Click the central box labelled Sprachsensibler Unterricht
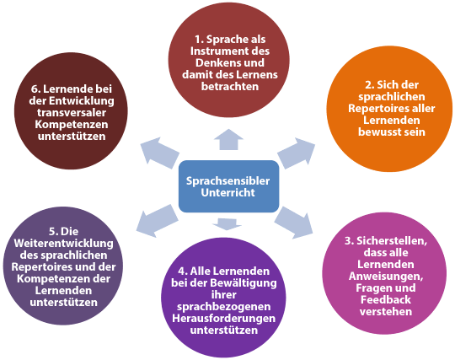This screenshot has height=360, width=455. pos(228,186)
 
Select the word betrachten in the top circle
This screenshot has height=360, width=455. pos(230,87)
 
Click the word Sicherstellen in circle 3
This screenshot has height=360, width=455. pos(392,241)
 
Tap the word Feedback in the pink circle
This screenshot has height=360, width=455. pos(386,300)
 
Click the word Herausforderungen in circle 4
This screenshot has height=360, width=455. pos(224,319)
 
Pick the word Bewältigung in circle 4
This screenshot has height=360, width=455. pos(244,283)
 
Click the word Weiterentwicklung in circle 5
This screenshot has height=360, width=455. pos(63,244)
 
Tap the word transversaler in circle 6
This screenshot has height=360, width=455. pos(72,113)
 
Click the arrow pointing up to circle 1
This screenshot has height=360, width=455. pos(228,140)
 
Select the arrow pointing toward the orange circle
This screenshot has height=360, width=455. pos(297,153)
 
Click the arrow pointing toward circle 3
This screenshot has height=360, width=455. pos(294,223)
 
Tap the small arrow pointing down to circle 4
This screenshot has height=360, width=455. pos(227,223)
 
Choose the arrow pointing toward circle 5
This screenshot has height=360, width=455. pos(157,221)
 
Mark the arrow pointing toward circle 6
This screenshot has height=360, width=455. pos(160,153)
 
